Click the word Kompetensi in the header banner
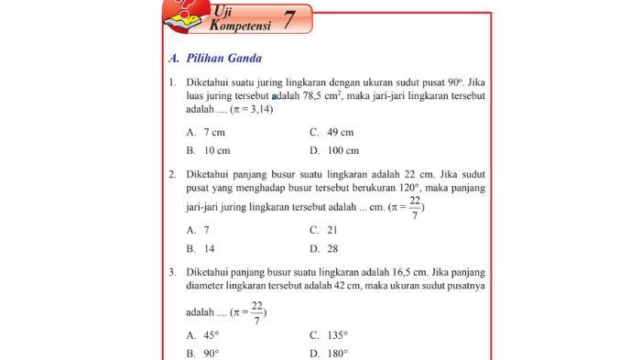click(240, 27)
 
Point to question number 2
click(172, 174)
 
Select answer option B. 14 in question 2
click(201, 248)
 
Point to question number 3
click(172, 272)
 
